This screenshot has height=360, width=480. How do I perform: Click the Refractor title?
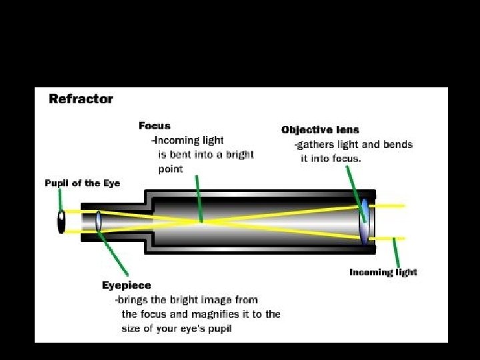[x=81, y=99]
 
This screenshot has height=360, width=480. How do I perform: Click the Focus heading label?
[x=155, y=125]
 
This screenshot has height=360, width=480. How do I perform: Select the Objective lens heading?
[x=320, y=130]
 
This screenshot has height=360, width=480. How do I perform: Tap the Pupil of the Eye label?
[x=83, y=183]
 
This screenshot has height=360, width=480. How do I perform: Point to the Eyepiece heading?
[x=126, y=285]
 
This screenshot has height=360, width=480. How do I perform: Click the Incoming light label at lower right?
[x=383, y=272]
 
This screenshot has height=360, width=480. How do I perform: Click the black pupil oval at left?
[x=61, y=221]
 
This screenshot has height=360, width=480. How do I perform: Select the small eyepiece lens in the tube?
[x=98, y=221]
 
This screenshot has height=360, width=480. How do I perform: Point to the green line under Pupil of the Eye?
[x=60, y=199]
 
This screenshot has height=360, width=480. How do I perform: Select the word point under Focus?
[x=170, y=169]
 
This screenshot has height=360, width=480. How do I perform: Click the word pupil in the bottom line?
[x=218, y=329]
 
